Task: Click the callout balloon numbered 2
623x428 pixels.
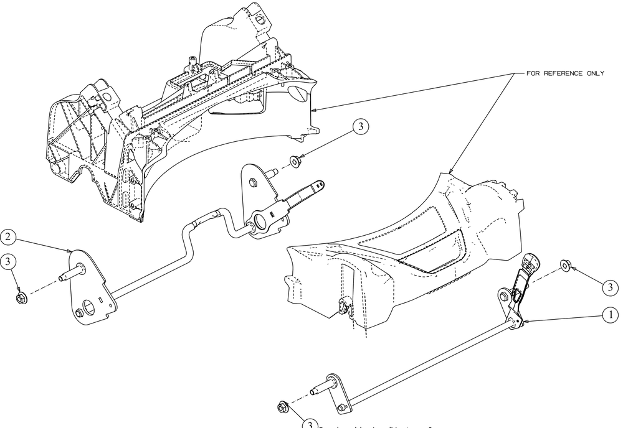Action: (8, 237)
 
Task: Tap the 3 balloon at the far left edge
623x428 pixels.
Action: (8, 261)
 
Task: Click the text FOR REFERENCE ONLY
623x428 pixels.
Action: (565, 73)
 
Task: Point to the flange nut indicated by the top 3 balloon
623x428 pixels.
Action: (295, 163)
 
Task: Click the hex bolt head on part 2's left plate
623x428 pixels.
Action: (80, 312)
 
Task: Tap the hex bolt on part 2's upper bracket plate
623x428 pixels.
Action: (253, 183)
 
